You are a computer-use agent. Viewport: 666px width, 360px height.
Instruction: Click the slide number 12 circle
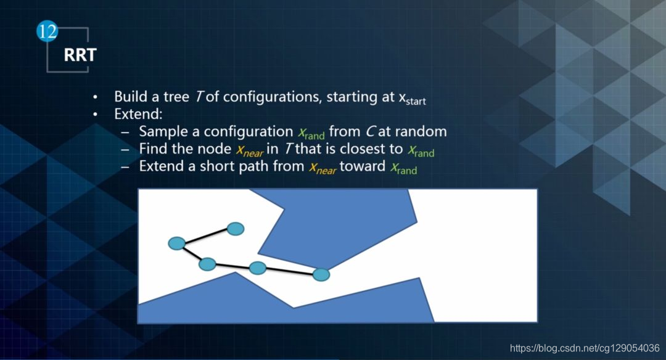[47, 31]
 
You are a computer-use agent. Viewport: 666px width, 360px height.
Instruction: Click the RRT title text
[80, 55]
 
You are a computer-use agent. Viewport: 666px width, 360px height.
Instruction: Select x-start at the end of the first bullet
[412, 98]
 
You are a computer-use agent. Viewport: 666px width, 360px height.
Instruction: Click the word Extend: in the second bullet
[138, 114]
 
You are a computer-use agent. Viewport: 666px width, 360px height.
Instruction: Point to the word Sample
[163, 131]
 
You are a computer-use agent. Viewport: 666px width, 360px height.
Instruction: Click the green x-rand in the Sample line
[311, 133]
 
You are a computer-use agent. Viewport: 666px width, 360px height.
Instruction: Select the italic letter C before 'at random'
[370, 131]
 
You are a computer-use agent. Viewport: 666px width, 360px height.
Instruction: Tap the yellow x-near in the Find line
[250, 150]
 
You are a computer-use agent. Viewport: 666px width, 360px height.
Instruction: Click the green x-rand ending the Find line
[421, 150]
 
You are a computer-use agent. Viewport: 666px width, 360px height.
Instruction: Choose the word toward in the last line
[363, 166]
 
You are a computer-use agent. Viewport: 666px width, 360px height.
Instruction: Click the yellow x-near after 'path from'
[323, 168]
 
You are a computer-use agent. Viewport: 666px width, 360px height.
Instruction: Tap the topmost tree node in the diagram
[236, 229]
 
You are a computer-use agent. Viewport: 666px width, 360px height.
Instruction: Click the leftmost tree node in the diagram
[177, 243]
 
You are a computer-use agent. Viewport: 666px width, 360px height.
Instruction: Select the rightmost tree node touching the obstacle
[321, 275]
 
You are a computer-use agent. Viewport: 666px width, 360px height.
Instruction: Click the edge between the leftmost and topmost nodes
[206, 236]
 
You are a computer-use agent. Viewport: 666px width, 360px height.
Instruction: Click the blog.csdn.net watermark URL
[585, 348]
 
